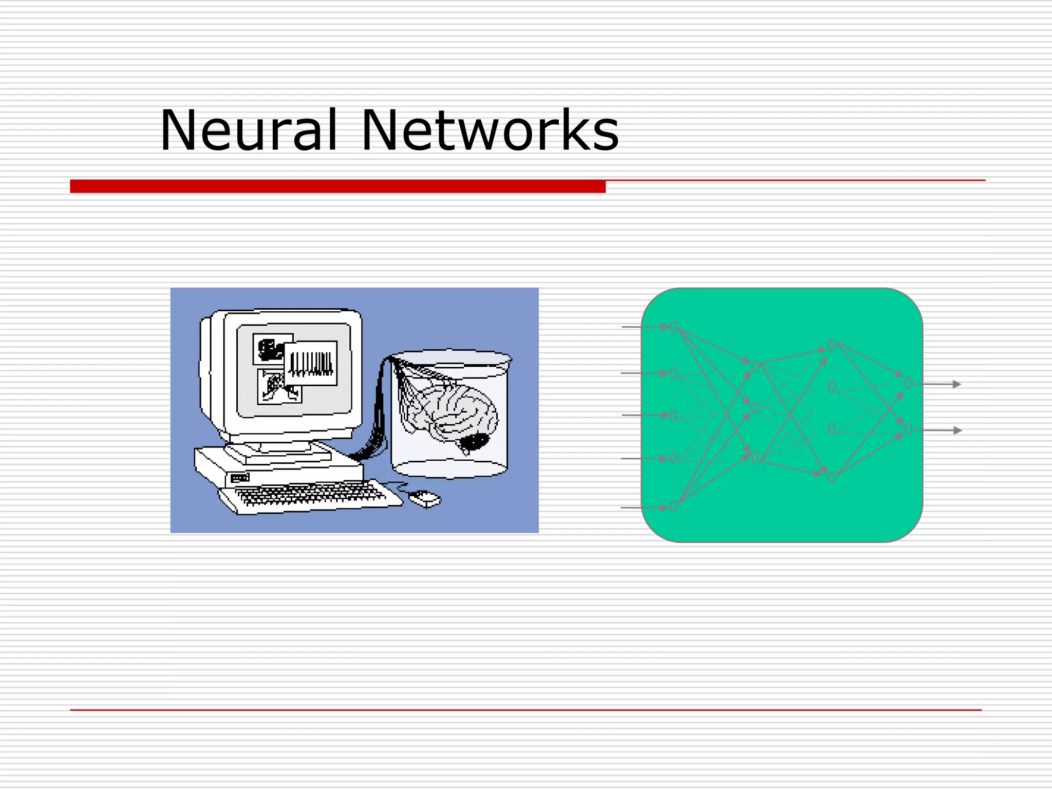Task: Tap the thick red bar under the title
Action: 337,186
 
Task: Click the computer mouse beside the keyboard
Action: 424,498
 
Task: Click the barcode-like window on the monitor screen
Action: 311,362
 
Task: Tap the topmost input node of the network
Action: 673,327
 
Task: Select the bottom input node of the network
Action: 673,506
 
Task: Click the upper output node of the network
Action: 908,383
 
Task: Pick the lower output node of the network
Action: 908,429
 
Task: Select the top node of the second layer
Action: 755,366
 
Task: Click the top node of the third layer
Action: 832,346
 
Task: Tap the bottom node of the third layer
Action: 832,478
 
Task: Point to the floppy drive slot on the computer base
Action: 240,478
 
